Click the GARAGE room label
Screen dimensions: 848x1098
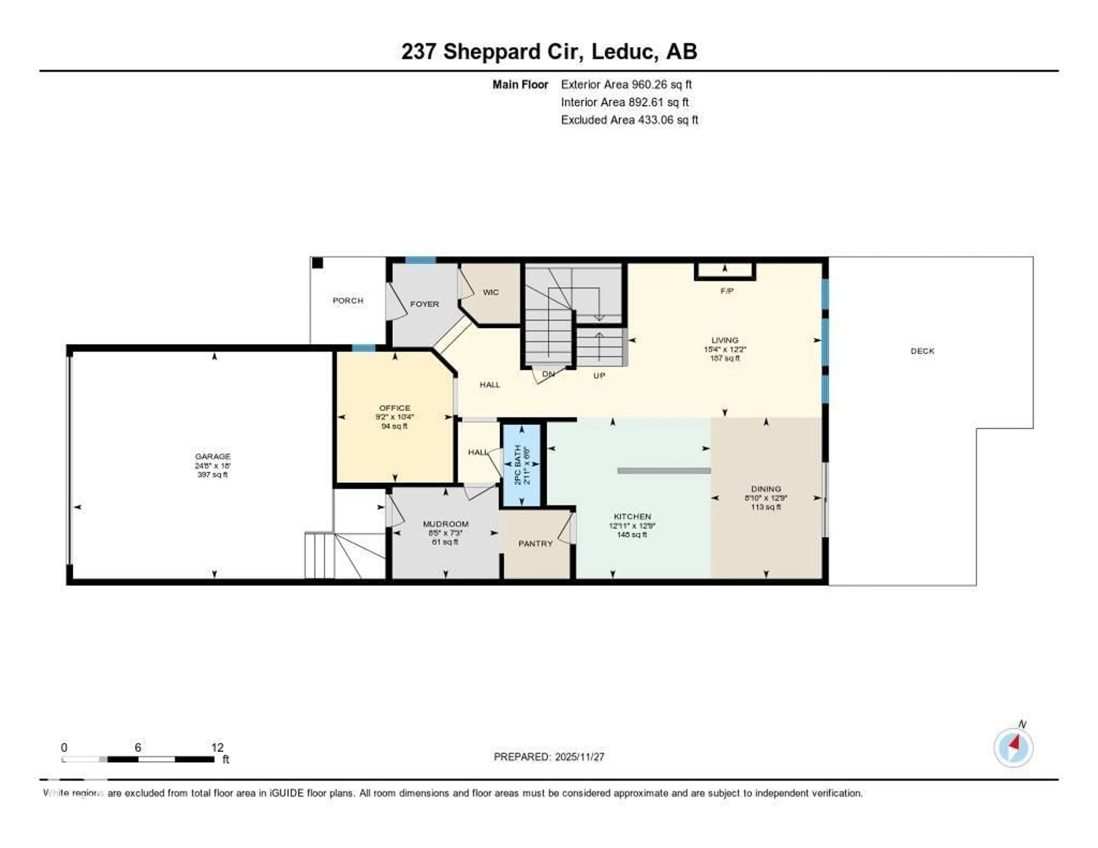(x=213, y=456)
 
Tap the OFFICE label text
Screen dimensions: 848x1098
(x=395, y=408)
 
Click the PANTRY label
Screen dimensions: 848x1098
(x=536, y=544)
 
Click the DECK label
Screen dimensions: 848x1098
(x=922, y=351)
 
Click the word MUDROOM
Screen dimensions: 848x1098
(x=445, y=524)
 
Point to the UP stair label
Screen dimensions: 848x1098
(x=599, y=375)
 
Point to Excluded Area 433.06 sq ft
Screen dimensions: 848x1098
(x=629, y=120)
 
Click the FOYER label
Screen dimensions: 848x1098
(x=424, y=304)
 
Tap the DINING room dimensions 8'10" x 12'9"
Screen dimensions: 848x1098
(x=766, y=498)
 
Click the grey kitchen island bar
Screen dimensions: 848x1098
(x=664, y=471)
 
